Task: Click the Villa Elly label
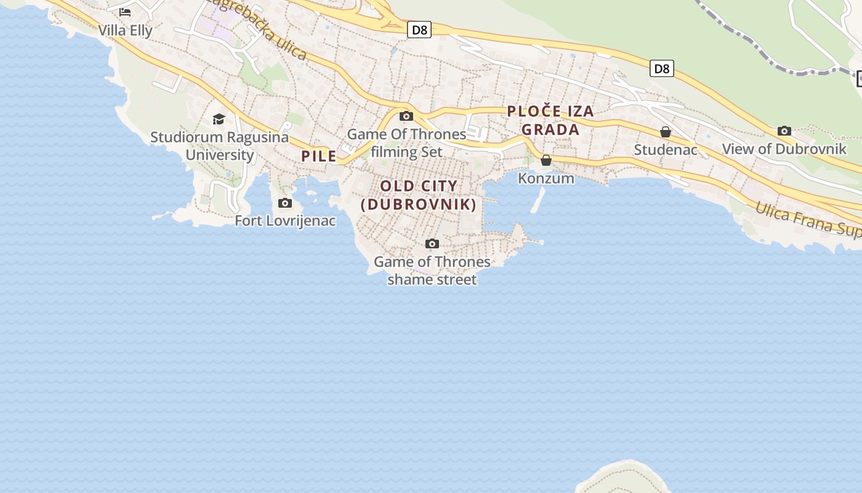click(x=125, y=30)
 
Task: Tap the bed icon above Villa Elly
click(x=125, y=12)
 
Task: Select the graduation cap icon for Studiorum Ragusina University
click(x=219, y=119)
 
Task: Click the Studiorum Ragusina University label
click(x=219, y=145)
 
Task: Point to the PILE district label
click(x=319, y=156)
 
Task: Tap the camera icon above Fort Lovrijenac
click(x=284, y=203)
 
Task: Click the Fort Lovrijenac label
click(x=285, y=220)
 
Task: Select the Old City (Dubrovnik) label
click(x=419, y=195)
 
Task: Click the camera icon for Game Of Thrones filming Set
click(x=406, y=116)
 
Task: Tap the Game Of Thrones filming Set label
click(x=406, y=142)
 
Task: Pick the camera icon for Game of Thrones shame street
click(x=432, y=243)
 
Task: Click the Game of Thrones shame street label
click(x=432, y=271)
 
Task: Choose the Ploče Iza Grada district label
click(x=550, y=120)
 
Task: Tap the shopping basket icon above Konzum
click(x=546, y=160)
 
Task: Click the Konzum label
click(x=546, y=178)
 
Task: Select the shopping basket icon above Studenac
click(x=666, y=132)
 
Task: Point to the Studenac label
click(x=666, y=150)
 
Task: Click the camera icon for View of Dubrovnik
click(x=784, y=131)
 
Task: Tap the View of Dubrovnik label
click(x=784, y=149)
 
